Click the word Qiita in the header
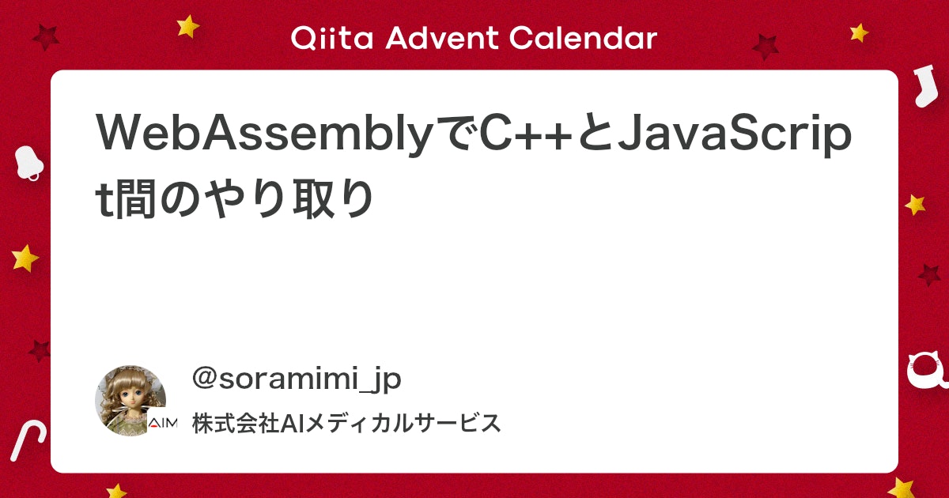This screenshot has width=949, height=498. coord(331,38)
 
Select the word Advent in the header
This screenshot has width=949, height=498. coord(441,38)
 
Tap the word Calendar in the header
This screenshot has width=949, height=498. coord(583,38)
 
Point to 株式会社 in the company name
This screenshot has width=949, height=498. coord(236,423)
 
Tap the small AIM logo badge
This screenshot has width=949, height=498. coord(163,423)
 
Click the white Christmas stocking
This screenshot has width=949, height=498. coord(925,86)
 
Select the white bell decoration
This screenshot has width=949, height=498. coord(28,163)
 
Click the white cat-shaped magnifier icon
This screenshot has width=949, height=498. coord(928,372)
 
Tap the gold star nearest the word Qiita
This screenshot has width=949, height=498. coord(187,26)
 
